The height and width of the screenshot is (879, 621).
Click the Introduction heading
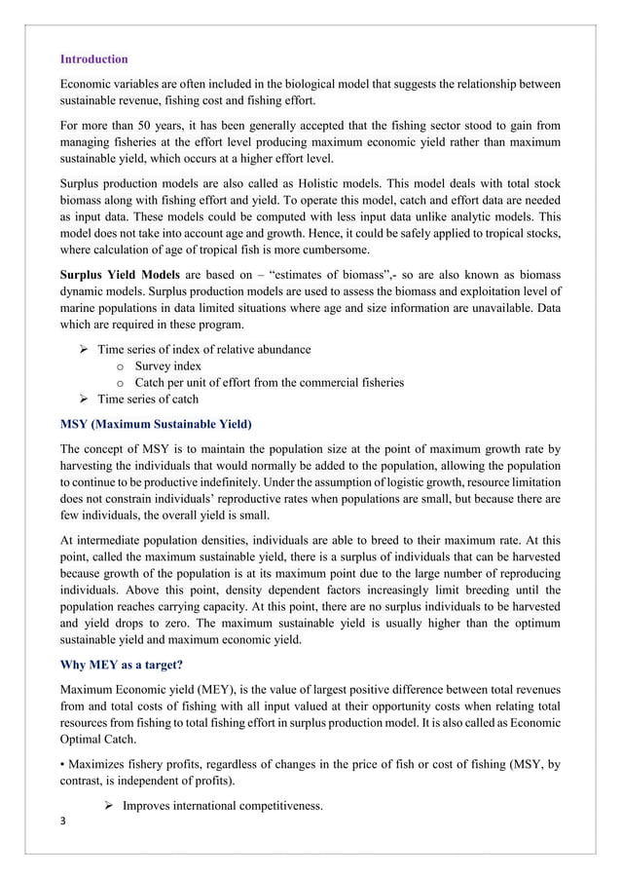[93, 59]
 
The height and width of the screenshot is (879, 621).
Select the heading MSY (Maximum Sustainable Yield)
[156, 425]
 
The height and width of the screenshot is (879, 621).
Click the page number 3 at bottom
[63, 821]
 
